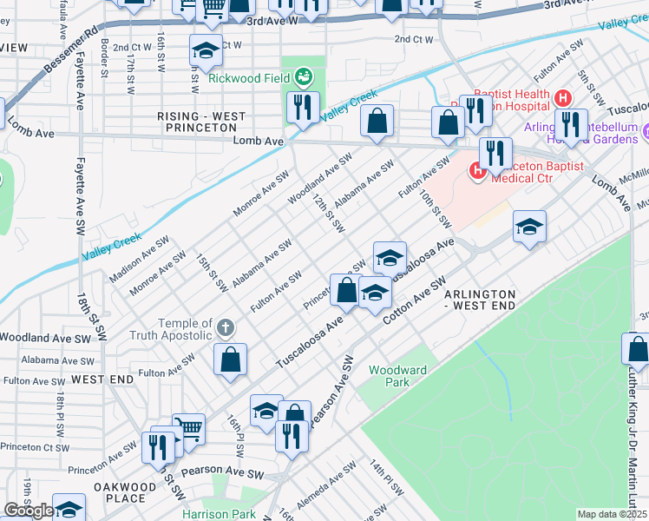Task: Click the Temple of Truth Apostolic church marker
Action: click(x=226, y=328)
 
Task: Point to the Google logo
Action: click(x=28, y=511)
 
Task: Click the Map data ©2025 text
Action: click(x=613, y=514)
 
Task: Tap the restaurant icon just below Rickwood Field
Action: click(x=303, y=109)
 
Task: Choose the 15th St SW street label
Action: click(x=211, y=273)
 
